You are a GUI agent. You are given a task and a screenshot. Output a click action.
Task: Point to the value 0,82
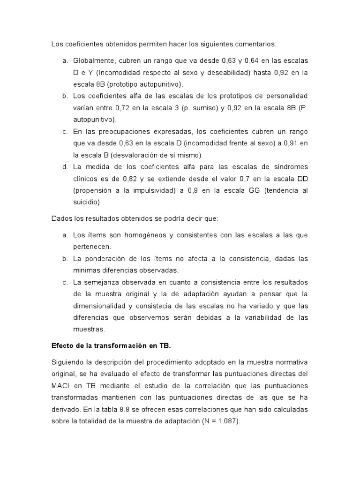(130, 179)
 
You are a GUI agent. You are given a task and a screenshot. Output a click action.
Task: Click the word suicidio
(86, 202)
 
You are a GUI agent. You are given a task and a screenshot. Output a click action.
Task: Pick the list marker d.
(64, 167)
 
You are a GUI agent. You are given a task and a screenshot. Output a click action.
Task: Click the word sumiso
(185, 108)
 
